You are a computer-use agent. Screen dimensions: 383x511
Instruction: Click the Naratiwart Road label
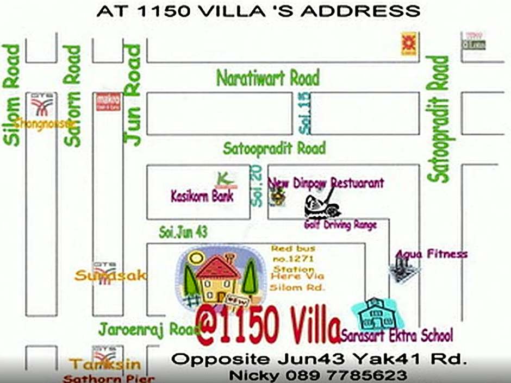(x=267, y=78)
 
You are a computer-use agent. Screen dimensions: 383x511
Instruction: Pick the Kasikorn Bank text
(x=202, y=196)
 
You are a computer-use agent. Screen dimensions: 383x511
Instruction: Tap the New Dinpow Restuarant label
(x=327, y=183)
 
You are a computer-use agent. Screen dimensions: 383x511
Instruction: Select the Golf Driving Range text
(x=340, y=225)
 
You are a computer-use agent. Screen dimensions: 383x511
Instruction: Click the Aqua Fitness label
(x=431, y=254)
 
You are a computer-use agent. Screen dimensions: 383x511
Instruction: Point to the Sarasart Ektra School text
(x=397, y=335)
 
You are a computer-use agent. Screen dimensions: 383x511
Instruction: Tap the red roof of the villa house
(x=217, y=267)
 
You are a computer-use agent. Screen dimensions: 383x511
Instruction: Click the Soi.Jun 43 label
(x=183, y=233)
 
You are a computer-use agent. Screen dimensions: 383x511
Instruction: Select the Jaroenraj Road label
(x=142, y=329)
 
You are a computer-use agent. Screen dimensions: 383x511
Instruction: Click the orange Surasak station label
(x=110, y=276)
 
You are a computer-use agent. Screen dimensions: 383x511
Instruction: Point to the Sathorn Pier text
(x=109, y=379)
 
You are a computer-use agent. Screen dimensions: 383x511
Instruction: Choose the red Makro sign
(x=104, y=102)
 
